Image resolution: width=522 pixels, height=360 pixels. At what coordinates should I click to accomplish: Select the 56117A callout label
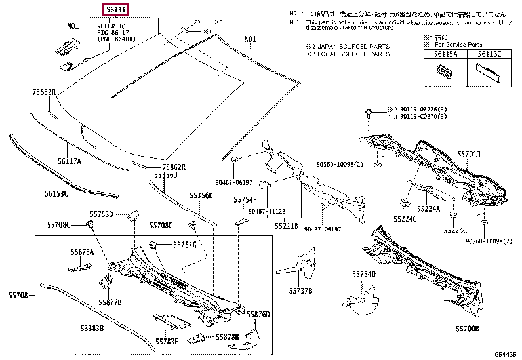click(69, 160)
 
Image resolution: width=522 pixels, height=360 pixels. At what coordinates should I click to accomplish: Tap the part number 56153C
click(56, 193)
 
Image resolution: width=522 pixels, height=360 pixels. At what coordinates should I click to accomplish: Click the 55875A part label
click(83, 252)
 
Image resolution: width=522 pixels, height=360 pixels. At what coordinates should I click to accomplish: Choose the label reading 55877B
click(111, 302)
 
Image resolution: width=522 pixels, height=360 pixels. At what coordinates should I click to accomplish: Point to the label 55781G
click(184, 245)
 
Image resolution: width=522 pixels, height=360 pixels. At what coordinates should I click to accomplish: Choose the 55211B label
click(287, 226)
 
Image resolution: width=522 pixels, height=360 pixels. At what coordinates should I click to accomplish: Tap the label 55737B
click(300, 290)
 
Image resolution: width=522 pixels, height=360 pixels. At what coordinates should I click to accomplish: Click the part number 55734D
click(363, 274)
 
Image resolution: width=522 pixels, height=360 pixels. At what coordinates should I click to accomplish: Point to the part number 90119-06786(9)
click(425, 109)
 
